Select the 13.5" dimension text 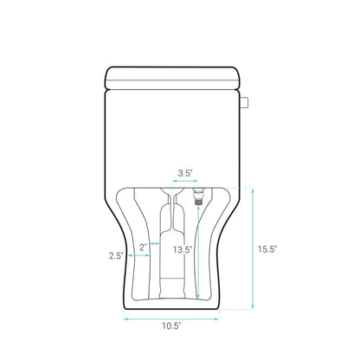tap(181, 249)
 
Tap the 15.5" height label tap(267, 248)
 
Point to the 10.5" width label tap(170, 326)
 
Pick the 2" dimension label tap(143, 233)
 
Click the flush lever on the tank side tap(246, 102)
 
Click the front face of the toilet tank tap(173, 134)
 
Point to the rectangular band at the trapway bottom tap(172, 282)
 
